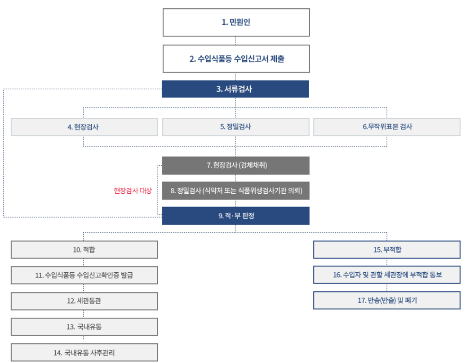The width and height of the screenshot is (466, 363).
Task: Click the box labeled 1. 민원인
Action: click(x=236, y=23)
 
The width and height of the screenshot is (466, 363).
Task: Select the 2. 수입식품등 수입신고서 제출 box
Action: click(x=236, y=59)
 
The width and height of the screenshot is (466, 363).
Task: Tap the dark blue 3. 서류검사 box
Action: click(x=235, y=89)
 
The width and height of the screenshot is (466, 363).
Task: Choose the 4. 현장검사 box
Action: click(x=84, y=127)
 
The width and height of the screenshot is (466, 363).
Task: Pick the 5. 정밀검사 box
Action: click(x=236, y=127)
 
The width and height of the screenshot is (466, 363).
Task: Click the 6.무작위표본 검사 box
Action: click(x=387, y=127)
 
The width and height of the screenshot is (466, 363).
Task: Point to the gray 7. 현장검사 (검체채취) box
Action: click(x=236, y=165)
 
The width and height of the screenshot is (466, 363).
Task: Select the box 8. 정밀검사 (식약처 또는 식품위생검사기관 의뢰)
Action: click(x=236, y=191)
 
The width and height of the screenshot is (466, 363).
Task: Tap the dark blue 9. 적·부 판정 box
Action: click(x=236, y=216)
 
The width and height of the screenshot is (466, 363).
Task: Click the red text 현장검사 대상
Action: click(x=133, y=191)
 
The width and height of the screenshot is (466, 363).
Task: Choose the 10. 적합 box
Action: click(x=84, y=250)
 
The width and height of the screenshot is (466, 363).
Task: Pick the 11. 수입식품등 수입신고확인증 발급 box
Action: click(x=84, y=275)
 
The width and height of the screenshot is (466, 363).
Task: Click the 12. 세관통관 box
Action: click(x=84, y=301)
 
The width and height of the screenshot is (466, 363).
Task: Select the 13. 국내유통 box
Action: click(x=84, y=327)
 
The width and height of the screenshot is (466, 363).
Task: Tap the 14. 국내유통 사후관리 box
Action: click(x=84, y=353)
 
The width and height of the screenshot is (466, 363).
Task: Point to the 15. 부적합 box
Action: click(x=387, y=250)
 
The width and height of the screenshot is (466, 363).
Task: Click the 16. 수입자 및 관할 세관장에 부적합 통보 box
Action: click(x=387, y=275)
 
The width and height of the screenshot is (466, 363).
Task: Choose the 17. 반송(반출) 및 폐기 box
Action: click(x=387, y=301)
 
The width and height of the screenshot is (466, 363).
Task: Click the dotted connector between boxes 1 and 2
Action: click(x=235, y=41)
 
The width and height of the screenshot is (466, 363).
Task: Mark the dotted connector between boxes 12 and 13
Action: click(x=83, y=314)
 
